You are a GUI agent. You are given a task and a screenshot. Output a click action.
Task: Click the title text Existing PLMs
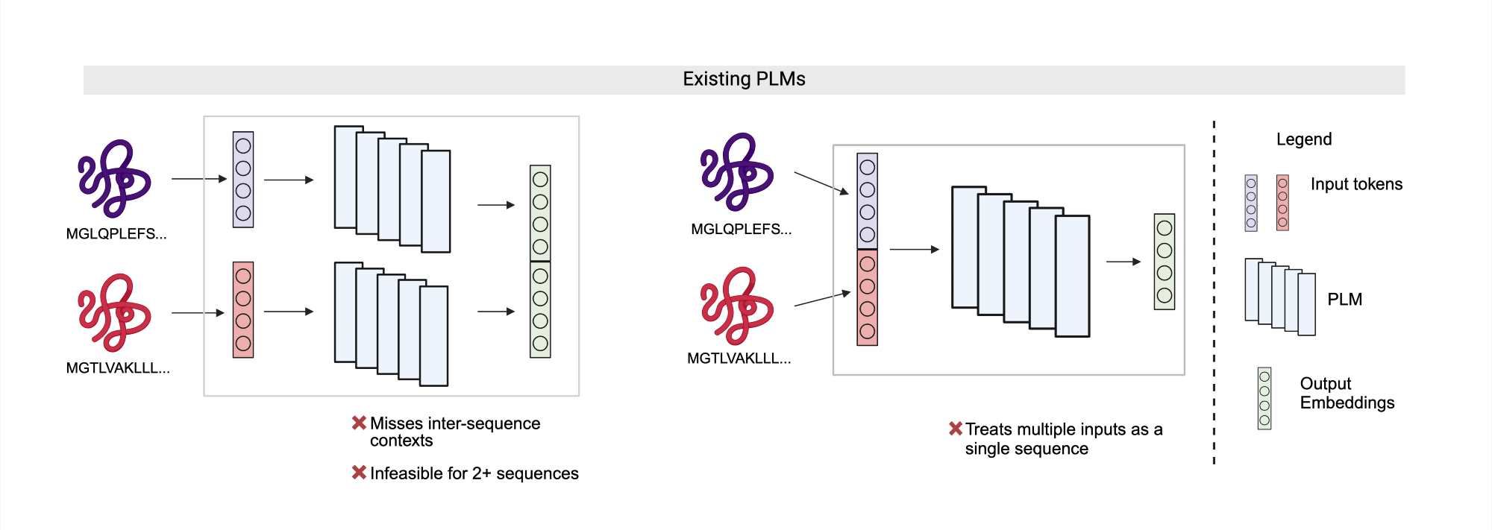(x=744, y=79)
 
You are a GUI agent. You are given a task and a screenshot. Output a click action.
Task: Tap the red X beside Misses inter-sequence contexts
(x=359, y=423)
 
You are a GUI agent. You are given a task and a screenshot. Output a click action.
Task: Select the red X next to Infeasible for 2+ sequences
(x=359, y=473)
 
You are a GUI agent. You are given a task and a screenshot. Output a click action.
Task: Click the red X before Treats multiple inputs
(x=955, y=429)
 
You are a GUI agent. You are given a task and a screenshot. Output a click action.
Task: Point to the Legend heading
(x=1303, y=139)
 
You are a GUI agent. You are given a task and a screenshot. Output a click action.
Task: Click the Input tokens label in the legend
(x=1356, y=184)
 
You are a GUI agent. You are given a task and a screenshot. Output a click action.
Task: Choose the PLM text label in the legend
(x=1344, y=300)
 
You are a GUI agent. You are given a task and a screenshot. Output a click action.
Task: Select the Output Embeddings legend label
(x=1347, y=393)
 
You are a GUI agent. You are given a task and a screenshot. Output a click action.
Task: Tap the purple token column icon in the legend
(x=1251, y=203)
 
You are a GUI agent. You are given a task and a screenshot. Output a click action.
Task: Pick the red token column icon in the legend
(x=1282, y=203)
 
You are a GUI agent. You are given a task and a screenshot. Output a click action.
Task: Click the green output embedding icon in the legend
(x=1264, y=398)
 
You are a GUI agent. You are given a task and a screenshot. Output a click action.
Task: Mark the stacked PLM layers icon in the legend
(x=1279, y=297)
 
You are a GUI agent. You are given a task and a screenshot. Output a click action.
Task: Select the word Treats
(x=989, y=429)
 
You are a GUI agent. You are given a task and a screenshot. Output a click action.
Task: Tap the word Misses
(x=396, y=423)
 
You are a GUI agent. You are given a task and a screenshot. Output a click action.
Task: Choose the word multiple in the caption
(x=1052, y=429)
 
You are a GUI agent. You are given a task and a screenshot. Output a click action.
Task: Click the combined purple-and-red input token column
(x=867, y=250)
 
